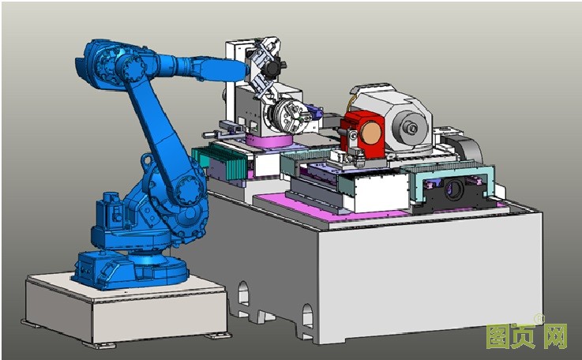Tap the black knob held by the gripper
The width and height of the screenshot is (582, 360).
point(272,67)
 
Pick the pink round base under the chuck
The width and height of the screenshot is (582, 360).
point(269,141)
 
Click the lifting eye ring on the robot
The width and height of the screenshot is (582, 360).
point(148,160)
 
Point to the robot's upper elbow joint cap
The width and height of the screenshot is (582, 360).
point(132,68)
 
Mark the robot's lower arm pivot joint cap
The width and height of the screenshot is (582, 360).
point(189,190)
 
